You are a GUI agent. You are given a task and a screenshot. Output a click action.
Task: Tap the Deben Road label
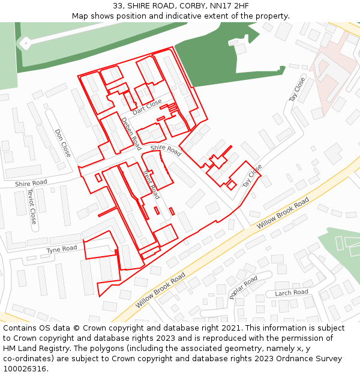pyautogui.click(x=131, y=133)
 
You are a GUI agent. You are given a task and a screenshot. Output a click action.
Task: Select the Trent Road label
pyautogui.click(x=151, y=184)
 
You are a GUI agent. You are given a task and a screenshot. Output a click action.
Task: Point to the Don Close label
pyautogui.click(x=62, y=143)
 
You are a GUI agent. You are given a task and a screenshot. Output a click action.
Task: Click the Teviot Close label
pyautogui.click(x=32, y=206)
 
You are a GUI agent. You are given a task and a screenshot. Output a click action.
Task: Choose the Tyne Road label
pyautogui.click(x=62, y=249)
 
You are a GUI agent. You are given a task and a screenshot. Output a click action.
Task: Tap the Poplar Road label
pyautogui.click(x=243, y=287)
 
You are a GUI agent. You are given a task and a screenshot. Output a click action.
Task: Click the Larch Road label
pyautogui.click(x=291, y=293)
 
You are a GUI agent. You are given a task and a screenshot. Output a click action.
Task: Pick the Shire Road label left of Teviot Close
pyautogui.click(x=31, y=183)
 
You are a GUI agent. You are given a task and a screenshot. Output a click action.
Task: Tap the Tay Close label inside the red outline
pyautogui.click(x=252, y=178)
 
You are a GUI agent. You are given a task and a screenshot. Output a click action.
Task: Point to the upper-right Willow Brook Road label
pyautogui.click(x=283, y=212)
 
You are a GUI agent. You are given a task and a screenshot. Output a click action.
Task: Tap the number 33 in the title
pyautogui.click(x=118, y=6)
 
